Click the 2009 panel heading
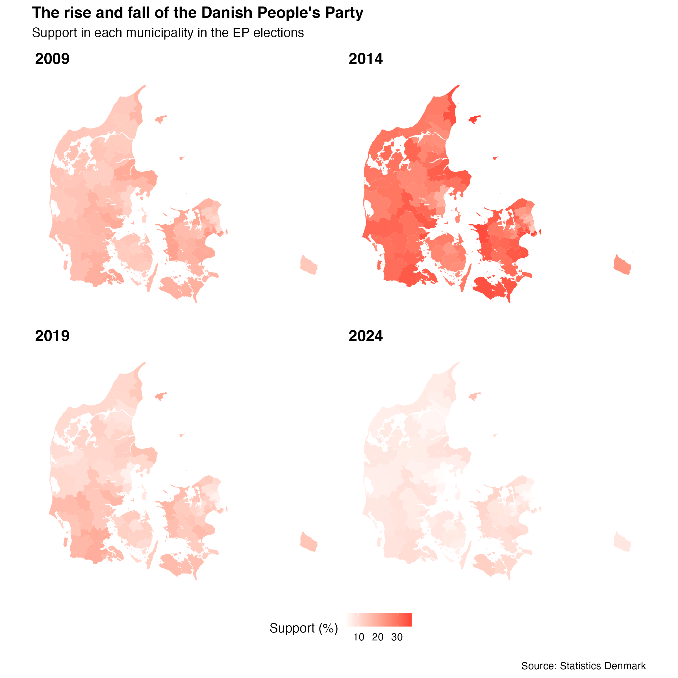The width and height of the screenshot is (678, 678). coord(52,58)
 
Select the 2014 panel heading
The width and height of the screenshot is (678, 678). coord(365,58)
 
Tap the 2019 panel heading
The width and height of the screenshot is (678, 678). coord(52,336)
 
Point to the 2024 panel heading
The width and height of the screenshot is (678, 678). coord(365,336)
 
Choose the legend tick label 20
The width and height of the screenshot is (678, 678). coord(378,637)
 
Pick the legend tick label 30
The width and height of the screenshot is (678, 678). coord(397,637)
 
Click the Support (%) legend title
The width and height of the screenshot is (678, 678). coord(304,628)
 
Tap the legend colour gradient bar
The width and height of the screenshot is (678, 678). coord(379,620)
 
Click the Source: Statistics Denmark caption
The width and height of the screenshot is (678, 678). coord(583,666)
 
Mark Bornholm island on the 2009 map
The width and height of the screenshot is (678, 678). coord(308,265)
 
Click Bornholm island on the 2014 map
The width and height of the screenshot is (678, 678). coord(622,265)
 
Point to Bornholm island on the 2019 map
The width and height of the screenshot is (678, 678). coord(308,542)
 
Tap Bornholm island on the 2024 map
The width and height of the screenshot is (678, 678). coord(622,542)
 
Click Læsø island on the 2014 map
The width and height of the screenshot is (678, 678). coord(475,119)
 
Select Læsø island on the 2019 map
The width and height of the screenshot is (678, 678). coord(161,396)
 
